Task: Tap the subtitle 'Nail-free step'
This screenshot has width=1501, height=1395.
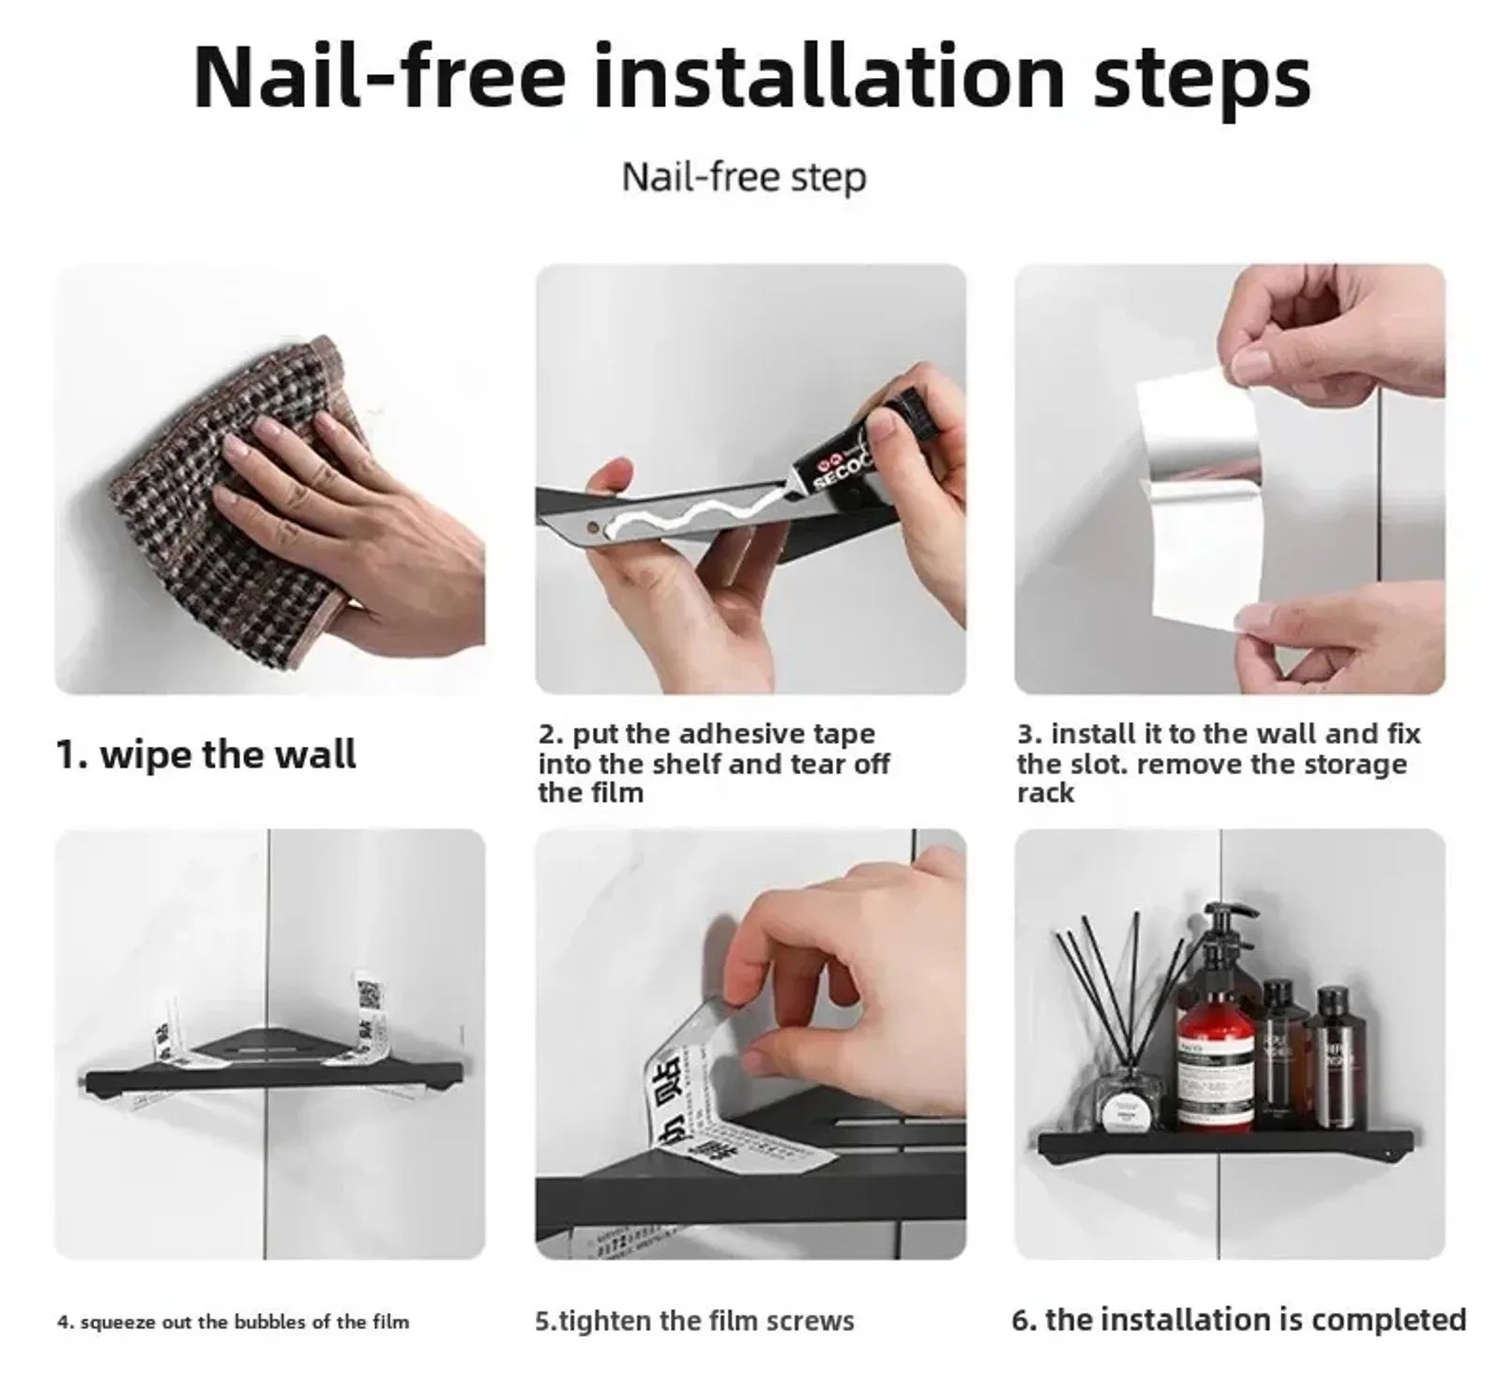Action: click(x=743, y=177)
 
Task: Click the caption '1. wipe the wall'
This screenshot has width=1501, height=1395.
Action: click(x=206, y=754)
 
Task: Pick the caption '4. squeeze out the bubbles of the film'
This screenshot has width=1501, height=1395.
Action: click(x=233, y=1322)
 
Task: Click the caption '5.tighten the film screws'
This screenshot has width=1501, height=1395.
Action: click(x=694, y=1321)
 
